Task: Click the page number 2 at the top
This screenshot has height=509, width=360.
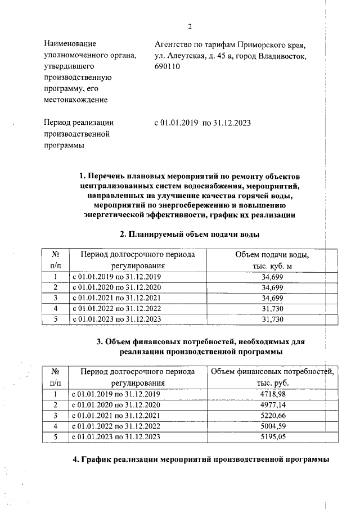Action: click(x=190, y=26)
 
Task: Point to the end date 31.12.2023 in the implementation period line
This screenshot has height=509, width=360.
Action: click(x=232, y=122)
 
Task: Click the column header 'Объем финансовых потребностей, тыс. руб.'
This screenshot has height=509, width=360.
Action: click(x=272, y=377)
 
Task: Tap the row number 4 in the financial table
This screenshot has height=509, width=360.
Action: click(x=55, y=426)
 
